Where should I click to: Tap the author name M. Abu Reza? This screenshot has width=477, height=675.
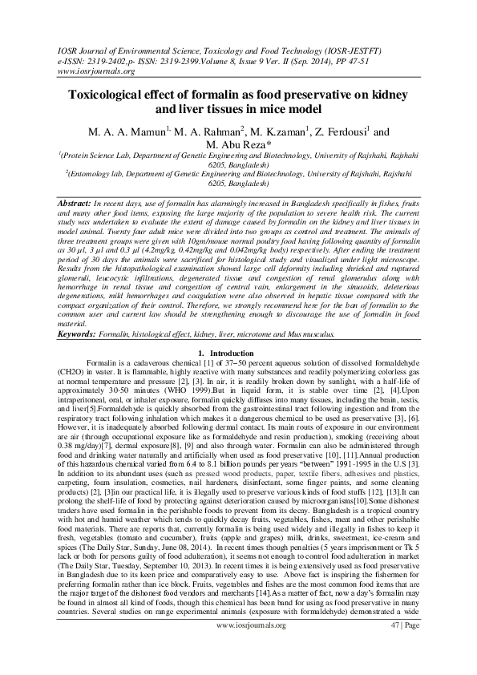point(237,145)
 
